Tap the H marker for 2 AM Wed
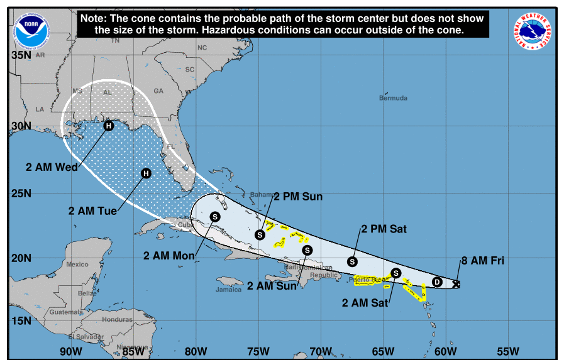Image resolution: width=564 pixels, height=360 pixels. pyautogui.click(x=109, y=126)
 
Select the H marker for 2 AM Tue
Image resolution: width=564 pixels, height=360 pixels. pyautogui.click(x=146, y=173)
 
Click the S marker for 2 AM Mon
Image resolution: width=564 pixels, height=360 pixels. pyautogui.click(x=215, y=216)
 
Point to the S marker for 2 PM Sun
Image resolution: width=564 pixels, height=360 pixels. pyautogui.click(x=260, y=234)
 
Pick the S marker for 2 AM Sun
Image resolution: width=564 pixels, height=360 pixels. pyautogui.click(x=307, y=250)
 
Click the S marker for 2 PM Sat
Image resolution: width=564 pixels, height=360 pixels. pyautogui.click(x=352, y=261)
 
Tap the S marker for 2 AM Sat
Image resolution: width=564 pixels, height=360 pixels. pyautogui.click(x=395, y=273)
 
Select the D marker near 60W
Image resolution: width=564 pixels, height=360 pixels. pyautogui.click(x=438, y=282)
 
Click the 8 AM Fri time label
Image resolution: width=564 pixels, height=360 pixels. pyautogui.click(x=483, y=260)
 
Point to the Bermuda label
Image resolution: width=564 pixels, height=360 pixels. pyautogui.click(x=393, y=98)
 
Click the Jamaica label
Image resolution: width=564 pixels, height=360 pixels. pyautogui.click(x=228, y=290)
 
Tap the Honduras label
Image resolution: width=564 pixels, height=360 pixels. pyautogui.click(x=117, y=319)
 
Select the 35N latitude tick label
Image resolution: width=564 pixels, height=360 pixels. pyautogui.click(x=21, y=55)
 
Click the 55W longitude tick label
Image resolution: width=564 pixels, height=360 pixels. pyautogui.click(x=507, y=351)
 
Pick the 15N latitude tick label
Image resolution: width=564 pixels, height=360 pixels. pyautogui.click(x=21, y=321)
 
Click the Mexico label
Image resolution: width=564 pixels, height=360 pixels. pyautogui.click(x=77, y=264)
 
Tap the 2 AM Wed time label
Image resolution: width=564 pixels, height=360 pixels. pyautogui.click(x=52, y=167)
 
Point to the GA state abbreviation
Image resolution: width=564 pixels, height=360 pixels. pyautogui.click(x=158, y=91)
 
